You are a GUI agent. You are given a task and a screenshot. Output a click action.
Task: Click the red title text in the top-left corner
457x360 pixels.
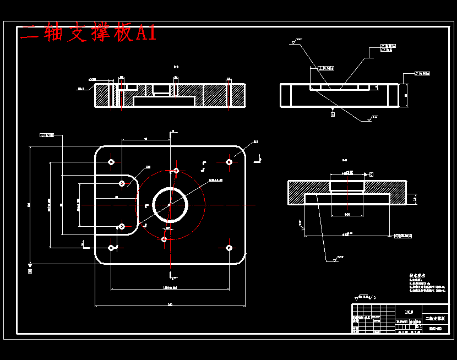(88, 33)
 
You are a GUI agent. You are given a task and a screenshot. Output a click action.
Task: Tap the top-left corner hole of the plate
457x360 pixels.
(111, 162)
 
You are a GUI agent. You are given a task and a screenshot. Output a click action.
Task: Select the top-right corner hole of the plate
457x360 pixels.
(229, 162)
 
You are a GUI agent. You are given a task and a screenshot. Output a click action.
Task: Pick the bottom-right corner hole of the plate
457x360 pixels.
(229, 248)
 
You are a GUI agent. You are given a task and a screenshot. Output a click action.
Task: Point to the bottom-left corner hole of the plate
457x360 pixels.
(111, 248)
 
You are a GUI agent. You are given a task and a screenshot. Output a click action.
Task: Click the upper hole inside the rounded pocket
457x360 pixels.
(122, 183)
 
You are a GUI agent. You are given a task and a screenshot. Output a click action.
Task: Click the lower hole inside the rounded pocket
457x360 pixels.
(122, 226)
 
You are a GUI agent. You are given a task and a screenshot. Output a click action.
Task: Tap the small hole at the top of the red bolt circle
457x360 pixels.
(176, 171)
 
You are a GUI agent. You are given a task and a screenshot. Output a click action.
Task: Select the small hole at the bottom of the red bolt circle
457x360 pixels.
(164, 238)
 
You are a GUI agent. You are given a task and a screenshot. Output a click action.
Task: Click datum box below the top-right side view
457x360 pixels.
(333, 114)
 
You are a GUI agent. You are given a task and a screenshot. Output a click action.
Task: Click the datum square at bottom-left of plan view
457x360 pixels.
(30, 271)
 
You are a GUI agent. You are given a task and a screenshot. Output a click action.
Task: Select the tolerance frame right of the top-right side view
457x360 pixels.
(422, 73)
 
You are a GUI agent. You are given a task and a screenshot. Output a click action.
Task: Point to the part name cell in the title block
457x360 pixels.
(436, 319)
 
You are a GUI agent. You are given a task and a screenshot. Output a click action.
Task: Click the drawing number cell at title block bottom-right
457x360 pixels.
(436, 329)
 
